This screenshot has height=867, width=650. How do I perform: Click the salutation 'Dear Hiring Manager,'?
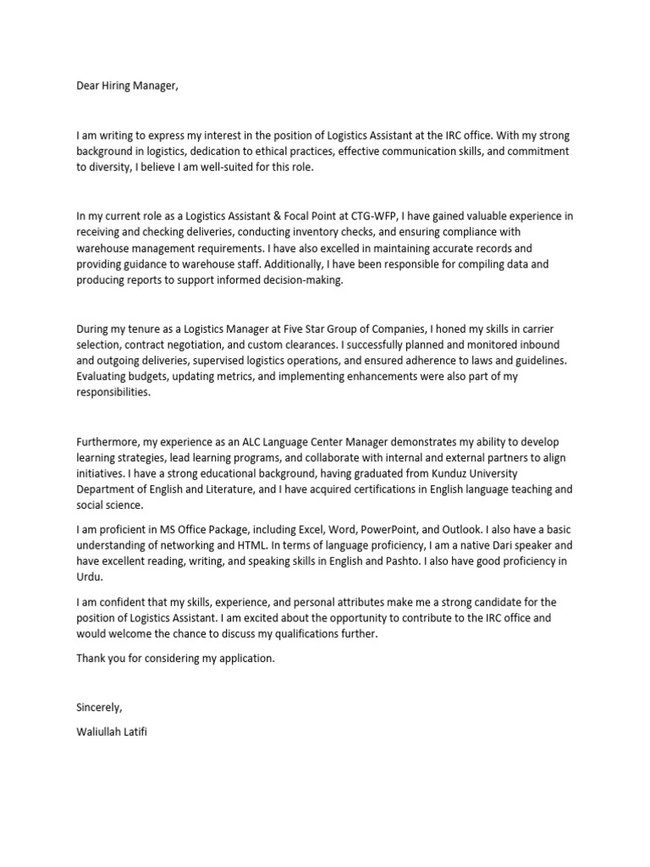click(128, 86)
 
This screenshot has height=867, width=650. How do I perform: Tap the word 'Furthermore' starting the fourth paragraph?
click(108, 441)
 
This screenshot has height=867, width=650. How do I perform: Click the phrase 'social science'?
click(112, 505)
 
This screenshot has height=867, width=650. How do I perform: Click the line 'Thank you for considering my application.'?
click(176, 659)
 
